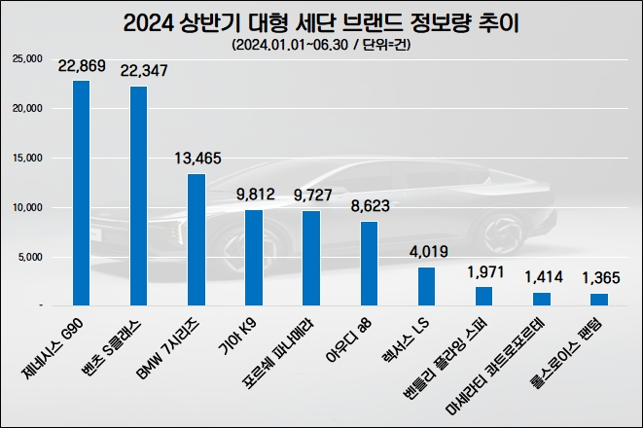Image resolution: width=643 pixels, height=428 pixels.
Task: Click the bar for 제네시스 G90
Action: point(82,193)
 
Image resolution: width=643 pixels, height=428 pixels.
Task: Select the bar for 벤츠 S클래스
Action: point(139,196)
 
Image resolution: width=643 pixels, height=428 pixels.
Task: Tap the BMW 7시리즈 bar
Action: point(196,239)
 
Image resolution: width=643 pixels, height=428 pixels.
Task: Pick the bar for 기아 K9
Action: point(253,258)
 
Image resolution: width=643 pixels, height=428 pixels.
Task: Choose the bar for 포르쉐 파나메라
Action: point(311,258)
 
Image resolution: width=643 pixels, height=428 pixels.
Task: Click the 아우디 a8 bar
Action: point(369,264)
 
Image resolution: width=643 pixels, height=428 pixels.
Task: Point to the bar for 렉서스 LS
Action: point(426,286)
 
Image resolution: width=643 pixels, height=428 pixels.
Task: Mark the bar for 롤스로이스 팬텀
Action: point(599,300)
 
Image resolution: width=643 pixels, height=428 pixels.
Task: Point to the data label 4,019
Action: point(427,252)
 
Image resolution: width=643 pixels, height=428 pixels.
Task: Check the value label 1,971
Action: point(484,272)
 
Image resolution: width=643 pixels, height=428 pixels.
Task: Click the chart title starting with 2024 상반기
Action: point(321,22)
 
